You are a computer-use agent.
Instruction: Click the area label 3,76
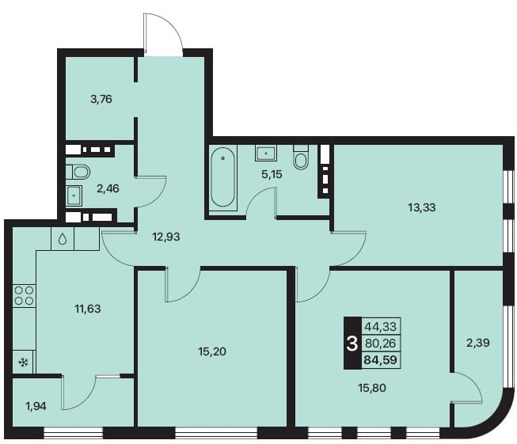tap(101, 99)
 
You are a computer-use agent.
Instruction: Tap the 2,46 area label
tap(108, 188)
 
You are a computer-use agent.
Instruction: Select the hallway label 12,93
tap(166, 237)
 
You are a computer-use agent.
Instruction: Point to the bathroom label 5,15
tap(272, 174)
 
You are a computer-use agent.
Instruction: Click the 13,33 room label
tap(422, 207)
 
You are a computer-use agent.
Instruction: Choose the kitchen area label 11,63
tap(88, 309)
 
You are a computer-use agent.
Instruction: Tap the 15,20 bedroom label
tap(212, 351)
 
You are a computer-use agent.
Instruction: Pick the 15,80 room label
tap(372, 388)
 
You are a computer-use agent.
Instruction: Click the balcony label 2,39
tap(477, 343)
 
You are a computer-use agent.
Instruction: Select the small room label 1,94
tap(36, 407)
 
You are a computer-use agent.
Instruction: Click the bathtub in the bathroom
tap(223, 177)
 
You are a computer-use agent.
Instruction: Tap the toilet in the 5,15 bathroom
tap(301, 157)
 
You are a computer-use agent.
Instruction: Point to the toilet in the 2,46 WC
tap(78, 172)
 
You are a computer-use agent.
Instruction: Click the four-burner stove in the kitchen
tap(25, 295)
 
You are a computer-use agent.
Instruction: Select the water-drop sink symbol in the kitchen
tap(63, 239)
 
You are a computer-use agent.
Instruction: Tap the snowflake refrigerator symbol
tap(24, 363)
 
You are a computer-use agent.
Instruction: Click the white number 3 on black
tap(352, 343)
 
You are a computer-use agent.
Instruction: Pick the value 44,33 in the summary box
tap(380, 327)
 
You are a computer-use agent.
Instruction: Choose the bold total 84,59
tap(380, 359)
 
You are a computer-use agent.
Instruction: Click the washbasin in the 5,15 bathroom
tap(265, 154)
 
